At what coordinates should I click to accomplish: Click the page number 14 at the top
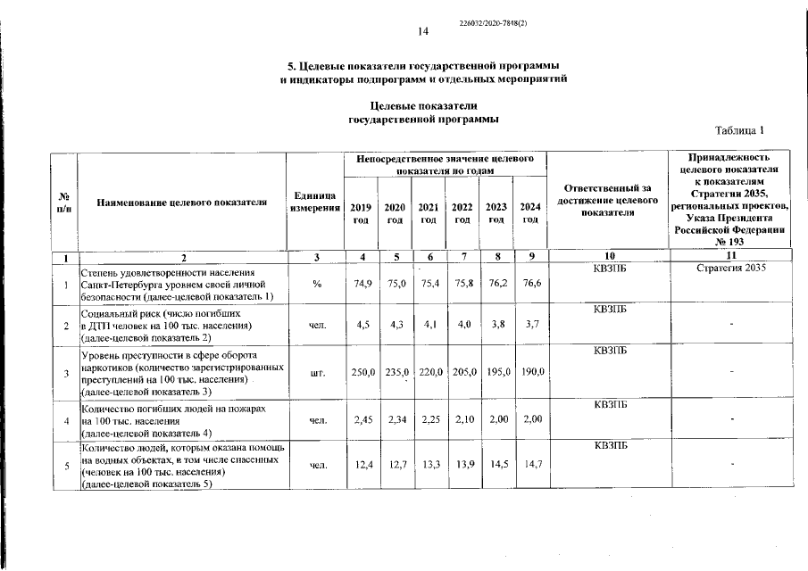(x=424, y=31)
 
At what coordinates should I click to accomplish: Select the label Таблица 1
(x=740, y=131)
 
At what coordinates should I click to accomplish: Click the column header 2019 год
(x=362, y=213)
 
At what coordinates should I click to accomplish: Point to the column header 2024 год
(x=531, y=213)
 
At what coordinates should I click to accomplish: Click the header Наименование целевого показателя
(x=182, y=203)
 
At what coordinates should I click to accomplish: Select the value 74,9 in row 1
(x=362, y=284)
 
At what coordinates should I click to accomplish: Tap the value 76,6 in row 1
(x=531, y=284)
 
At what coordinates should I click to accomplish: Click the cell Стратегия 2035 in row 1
(x=731, y=269)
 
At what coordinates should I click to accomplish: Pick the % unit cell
(x=316, y=285)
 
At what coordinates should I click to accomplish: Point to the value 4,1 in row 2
(x=429, y=326)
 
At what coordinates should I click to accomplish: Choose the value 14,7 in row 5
(x=531, y=465)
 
